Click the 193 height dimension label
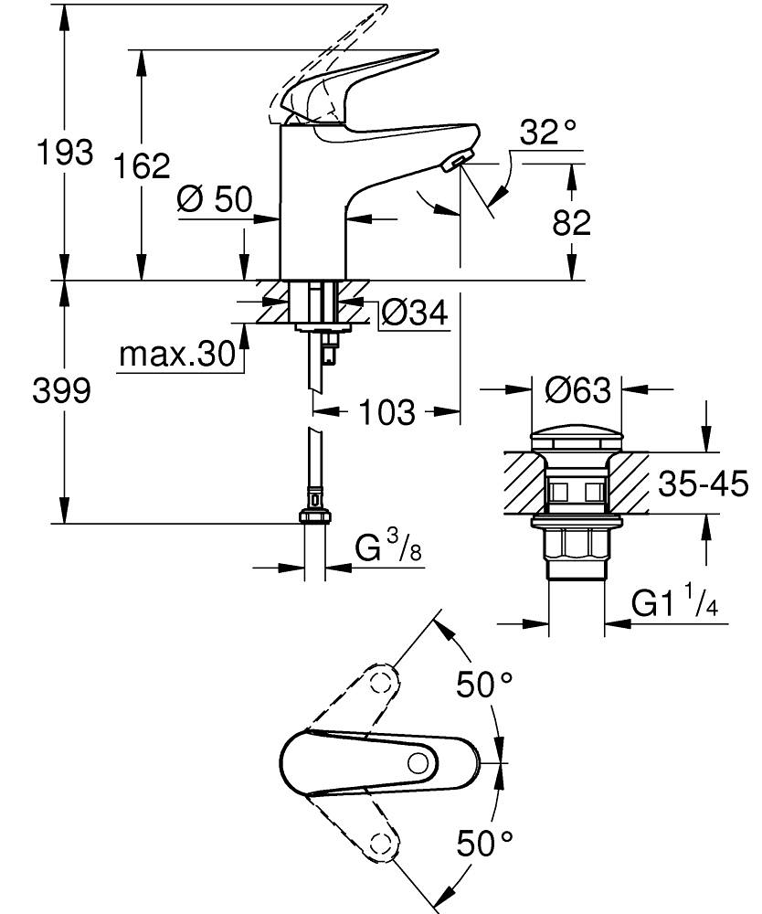pyautogui.click(x=63, y=152)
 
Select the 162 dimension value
pyautogui.click(x=143, y=166)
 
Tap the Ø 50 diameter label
pyautogui.click(x=215, y=199)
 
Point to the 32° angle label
pyautogui.click(x=549, y=133)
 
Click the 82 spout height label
pyautogui.click(x=572, y=222)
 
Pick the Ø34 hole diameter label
pyautogui.click(x=414, y=314)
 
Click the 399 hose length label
pyautogui.click(x=61, y=391)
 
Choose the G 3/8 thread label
pyautogui.click(x=388, y=549)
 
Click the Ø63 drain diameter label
pyautogui.click(x=577, y=391)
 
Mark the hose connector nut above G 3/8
pyautogui.click(x=314, y=517)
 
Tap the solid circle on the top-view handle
pyautogui.click(x=419, y=764)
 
